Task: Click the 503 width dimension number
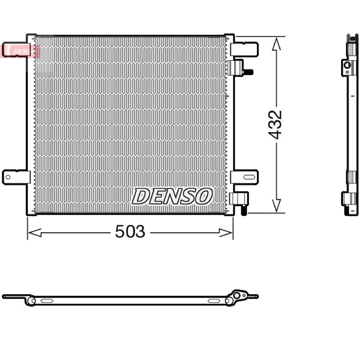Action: (x=130, y=231)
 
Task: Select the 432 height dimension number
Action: (x=275, y=125)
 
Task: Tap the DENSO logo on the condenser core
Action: (x=172, y=196)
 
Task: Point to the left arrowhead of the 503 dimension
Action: (x=35, y=233)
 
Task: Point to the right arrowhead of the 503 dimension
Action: (x=225, y=233)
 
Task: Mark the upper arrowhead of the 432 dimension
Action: (x=276, y=44)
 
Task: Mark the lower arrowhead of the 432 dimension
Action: (x=276, y=206)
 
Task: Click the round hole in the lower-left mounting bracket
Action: (x=8, y=177)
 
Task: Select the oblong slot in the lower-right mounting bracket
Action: (x=249, y=177)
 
